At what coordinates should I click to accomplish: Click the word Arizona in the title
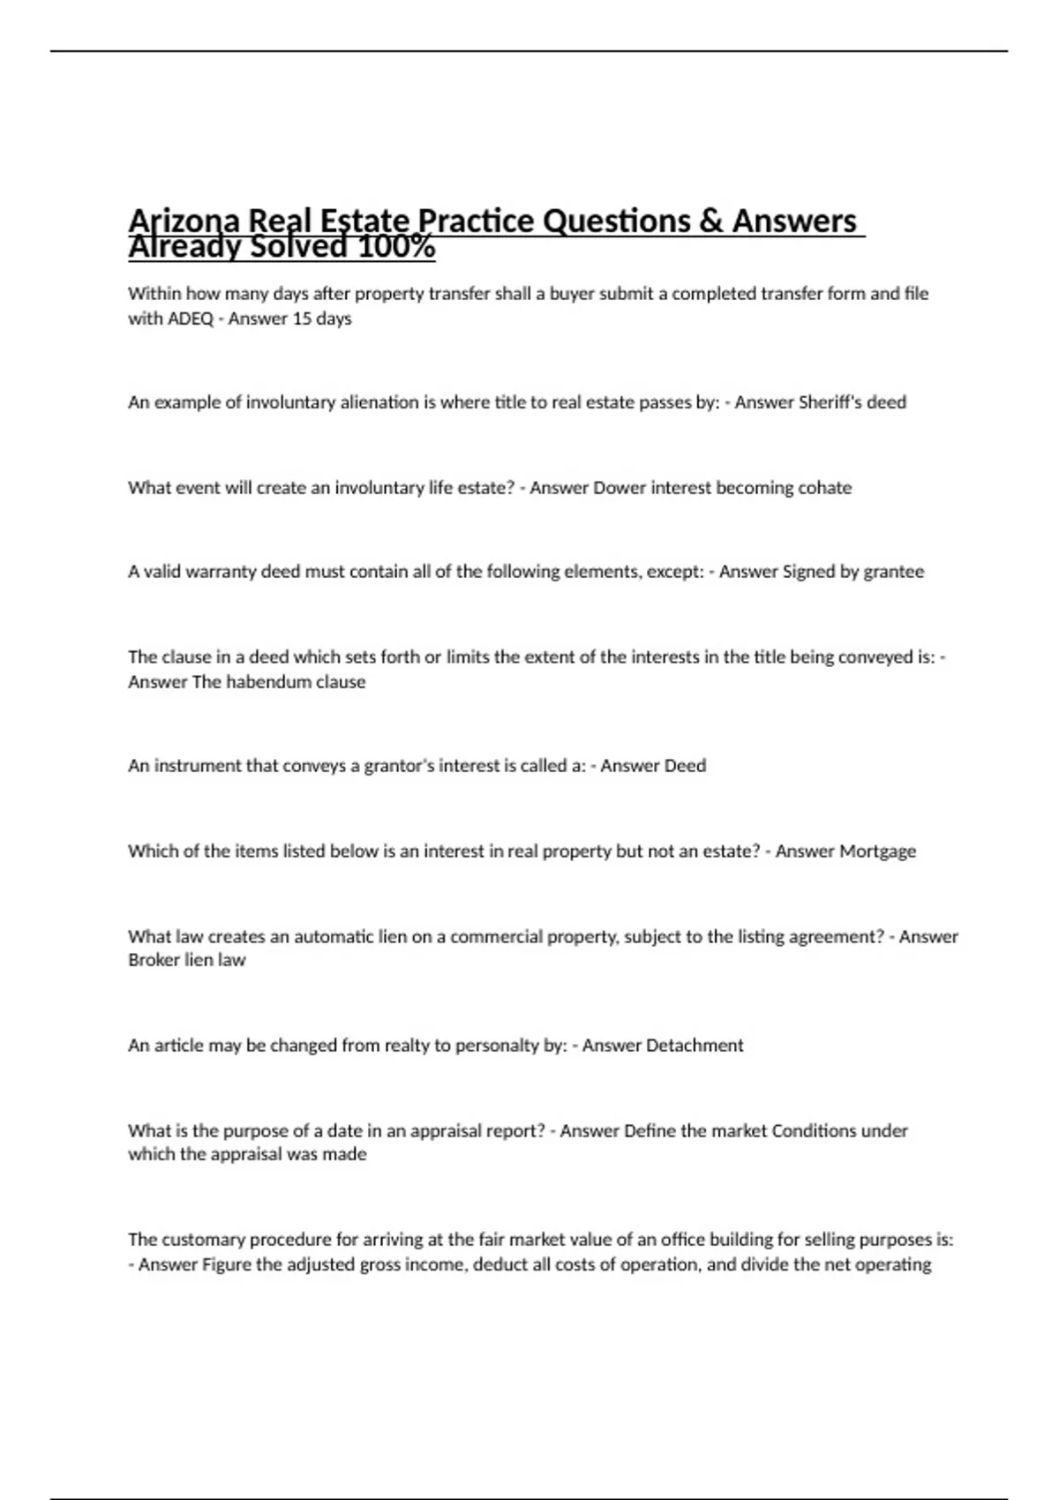pyautogui.click(x=183, y=221)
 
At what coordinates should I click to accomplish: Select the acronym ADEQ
pyautogui.click(x=190, y=319)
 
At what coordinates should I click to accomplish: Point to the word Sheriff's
pyautogui.click(x=828, y=402)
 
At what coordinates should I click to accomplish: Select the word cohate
pyautogui.click(x=824, y=488)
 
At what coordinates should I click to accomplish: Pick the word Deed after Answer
pyautogui.click(x=684, y=766)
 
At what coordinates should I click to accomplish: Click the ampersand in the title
pyautogui.click(x=711, y=221)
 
